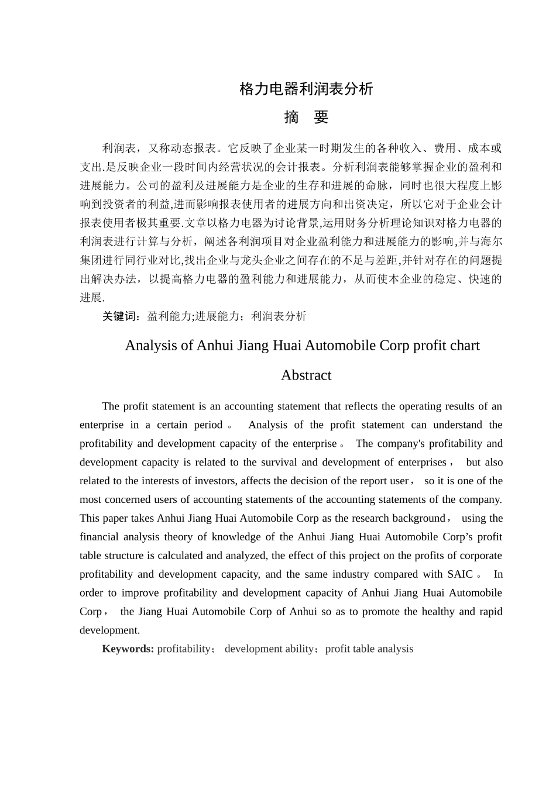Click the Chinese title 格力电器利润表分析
(x=306, y=89)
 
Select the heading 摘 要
(x=306, y=118)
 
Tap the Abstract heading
(x=306, y=375)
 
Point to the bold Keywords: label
(x=128, y=649)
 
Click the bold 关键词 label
(x=121, y=316)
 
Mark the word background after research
(x=418, y=518)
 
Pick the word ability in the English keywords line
(x=300, y=649)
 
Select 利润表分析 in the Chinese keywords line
(x=279, y=316)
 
